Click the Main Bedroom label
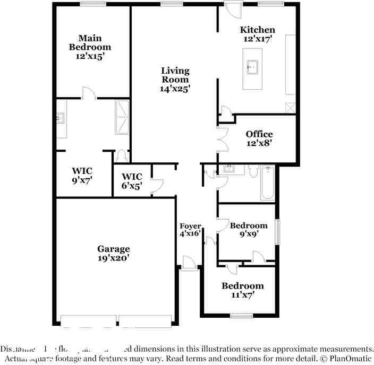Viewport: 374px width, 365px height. coord(90,42)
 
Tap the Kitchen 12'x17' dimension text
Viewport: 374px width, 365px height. coord(257,39)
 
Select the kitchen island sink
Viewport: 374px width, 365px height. coord(253,67)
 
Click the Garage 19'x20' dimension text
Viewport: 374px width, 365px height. coord(114,258)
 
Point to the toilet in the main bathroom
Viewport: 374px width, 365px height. coord(123,155)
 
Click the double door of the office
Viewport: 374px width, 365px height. coord(222,140)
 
